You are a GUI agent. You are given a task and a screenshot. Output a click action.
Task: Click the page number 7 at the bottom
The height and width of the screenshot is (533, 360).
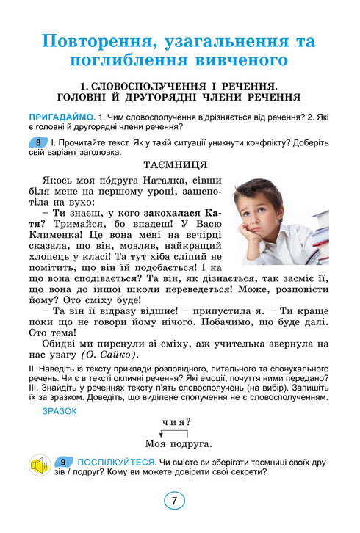pos(174,502)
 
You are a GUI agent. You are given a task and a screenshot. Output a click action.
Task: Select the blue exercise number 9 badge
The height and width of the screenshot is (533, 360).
pos(65,462)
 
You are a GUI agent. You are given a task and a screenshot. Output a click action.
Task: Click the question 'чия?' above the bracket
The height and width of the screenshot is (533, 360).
pos(176,422)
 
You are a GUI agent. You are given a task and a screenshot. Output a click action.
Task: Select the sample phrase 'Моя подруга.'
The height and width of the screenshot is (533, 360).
pos(179,443)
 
